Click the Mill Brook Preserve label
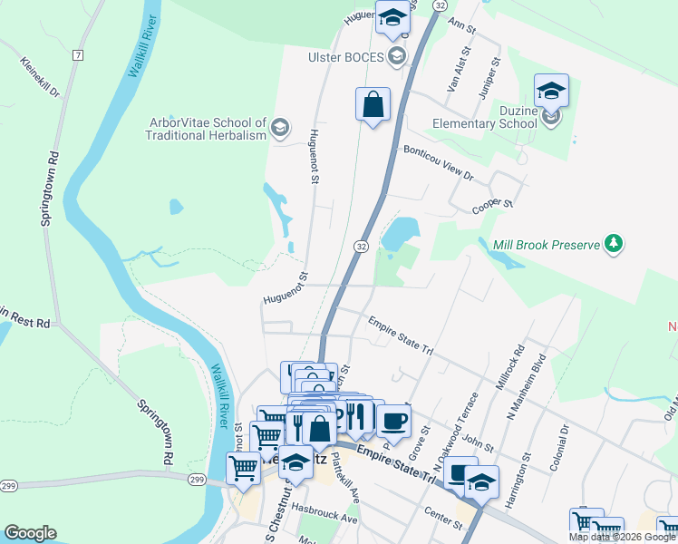pyautogui.click(x=547, y=245)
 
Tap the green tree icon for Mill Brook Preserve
pyautogui.click(x=615, y=243)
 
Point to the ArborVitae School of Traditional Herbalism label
pyautogui.click(x=206, y=129)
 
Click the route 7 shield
pyautogui.click(x=78, y=55)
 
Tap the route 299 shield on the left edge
pyautogui.click(x=9, y=487)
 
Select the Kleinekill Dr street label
pyautogui.click(x=39, y=79)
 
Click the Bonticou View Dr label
pyautogui.click(x=439, y=162)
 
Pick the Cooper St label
pyautogui.click(x=493, y=208)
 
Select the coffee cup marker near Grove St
pyautogui.click(x=393, y=421)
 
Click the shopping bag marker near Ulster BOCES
pyautogui.click(x=373, y=104)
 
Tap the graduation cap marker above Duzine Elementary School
pyautogui.click(x=551, y=91)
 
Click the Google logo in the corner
pyautogui.click(x=30, y=533)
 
